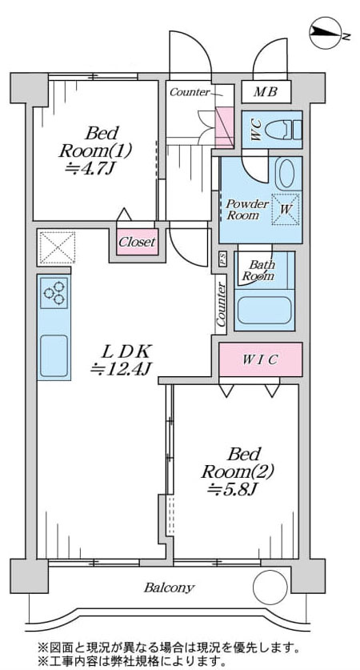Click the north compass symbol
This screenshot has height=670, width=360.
click(326, 33)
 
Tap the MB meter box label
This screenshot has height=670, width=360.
click(266, 91)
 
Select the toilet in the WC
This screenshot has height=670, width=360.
click(284, 129)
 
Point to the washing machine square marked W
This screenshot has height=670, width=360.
click(286, 209)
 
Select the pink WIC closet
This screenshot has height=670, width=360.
click(261, 359)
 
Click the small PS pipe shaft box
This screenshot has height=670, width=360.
click(222, 259)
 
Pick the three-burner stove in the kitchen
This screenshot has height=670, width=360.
click(54, 293)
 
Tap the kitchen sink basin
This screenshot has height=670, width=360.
click(54, 355)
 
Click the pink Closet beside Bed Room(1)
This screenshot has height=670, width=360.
click(138, 243)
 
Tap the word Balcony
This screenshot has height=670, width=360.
click(170, 588)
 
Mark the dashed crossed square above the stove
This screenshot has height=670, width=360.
click(58, 247)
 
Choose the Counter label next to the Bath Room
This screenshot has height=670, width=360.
click(221, 304)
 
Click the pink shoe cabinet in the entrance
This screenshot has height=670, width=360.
click(224, 127)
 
